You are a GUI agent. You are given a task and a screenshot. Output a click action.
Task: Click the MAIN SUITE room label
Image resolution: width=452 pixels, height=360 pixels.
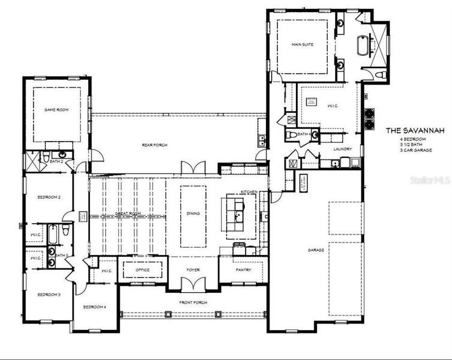tap(304, 44)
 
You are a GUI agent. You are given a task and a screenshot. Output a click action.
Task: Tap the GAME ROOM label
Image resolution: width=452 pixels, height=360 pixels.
tap(56, 110)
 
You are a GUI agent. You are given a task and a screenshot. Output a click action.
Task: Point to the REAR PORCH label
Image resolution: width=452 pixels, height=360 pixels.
tap(154, 145)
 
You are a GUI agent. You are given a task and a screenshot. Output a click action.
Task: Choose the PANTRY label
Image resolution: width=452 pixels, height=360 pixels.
tap(244, 270)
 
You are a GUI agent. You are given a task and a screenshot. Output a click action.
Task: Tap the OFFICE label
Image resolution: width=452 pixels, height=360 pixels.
tap(142, 270)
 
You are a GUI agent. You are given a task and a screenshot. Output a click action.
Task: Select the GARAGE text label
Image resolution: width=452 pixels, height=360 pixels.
tap(316, 250)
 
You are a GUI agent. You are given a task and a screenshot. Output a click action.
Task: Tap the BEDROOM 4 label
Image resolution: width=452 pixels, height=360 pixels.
tap(94, 307)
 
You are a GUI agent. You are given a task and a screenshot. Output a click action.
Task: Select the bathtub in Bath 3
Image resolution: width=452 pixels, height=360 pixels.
tap(52, 234)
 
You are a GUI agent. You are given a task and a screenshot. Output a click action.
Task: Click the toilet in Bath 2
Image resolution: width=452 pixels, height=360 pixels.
tap(46, 157)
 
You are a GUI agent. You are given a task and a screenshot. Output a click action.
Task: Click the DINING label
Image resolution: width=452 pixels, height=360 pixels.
tap(193, 214)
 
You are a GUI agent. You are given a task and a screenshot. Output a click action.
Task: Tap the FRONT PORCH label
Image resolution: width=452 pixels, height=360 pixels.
tap(193, 302)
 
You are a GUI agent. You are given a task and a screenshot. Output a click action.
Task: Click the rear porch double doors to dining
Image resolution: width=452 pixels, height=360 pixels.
tap(193, 169)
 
